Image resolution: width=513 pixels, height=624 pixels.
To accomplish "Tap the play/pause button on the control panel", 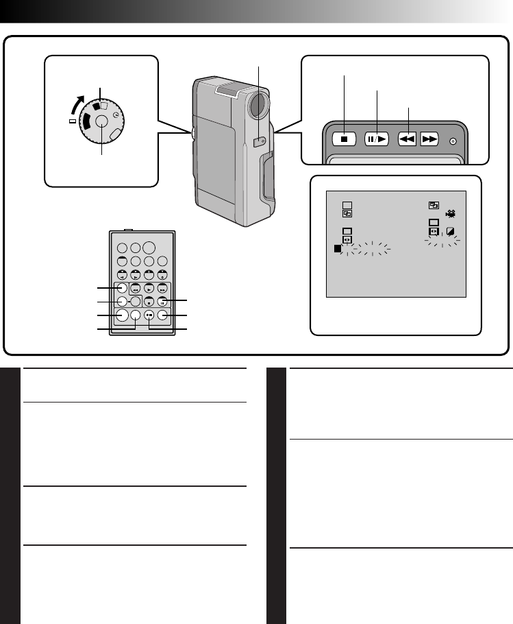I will click(376, 139).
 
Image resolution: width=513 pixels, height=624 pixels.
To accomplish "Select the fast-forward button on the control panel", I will click(429, 139).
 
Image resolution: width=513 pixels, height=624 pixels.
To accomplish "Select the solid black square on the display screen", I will click(338, 249).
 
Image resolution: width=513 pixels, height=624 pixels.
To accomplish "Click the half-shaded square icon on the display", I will click(451, 232).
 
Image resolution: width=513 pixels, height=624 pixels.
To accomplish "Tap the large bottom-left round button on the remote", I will click(122, 315).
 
